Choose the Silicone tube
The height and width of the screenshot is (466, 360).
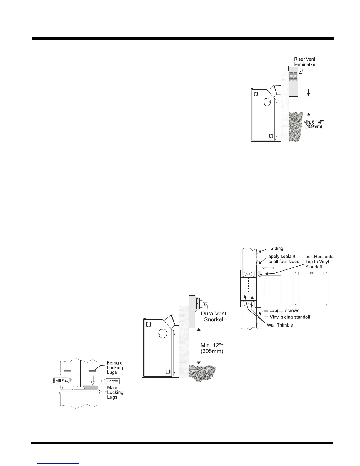111,381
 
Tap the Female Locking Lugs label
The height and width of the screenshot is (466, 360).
115,367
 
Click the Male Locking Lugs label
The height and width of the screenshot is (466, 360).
115,392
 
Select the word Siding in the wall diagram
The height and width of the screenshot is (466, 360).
277,249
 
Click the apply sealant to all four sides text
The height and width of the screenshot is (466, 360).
284,259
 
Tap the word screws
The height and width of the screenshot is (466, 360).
292,311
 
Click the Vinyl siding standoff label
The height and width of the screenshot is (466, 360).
290,317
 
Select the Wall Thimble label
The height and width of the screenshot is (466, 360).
280,325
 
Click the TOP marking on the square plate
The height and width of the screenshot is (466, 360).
311,273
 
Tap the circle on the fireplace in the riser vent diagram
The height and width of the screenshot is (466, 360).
266,102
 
